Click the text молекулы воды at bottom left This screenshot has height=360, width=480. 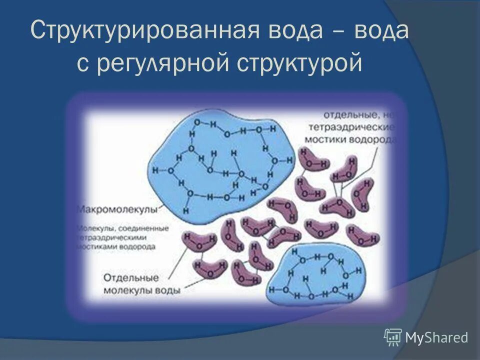click(142, 289)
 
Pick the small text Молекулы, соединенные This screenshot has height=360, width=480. click(122, 229)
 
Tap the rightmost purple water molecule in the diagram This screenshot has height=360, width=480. click(363, 194)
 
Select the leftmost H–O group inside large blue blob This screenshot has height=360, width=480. click(165, 170)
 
